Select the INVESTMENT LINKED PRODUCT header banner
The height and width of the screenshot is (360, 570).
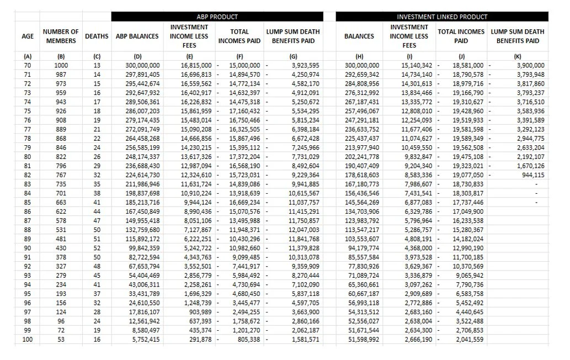click(442, 17)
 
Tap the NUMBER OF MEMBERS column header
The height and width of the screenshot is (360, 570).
click(61, 36)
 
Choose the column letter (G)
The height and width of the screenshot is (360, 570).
click(293, 56)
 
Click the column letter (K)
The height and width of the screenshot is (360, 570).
click(517, 56)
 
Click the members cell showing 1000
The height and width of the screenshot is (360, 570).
click(61, 65)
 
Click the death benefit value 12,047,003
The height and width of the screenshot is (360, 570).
click(300, 230)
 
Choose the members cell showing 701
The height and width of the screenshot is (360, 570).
click(61, 193)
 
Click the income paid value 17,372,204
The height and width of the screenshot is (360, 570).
click(243, 157)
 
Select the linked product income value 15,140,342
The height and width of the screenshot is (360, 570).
click(411, 65)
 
